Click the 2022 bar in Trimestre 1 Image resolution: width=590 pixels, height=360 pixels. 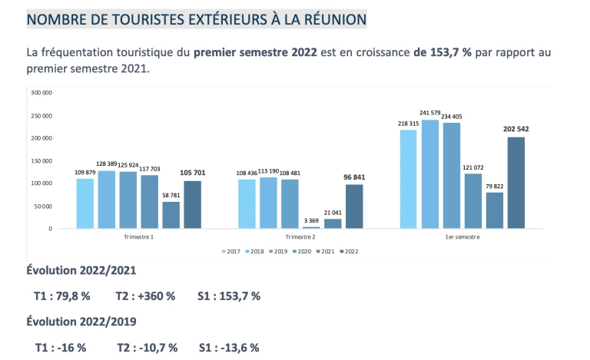click(x=192, y=204)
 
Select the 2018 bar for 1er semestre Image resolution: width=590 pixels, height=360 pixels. click(x=430, y=174)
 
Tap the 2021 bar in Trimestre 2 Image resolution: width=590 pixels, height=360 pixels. click(x=333, y=223)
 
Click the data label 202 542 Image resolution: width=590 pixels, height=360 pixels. click(x=516, y=129)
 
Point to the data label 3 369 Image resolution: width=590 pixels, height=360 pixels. click(x=311, y=221)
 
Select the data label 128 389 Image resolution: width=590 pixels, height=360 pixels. click(x=107, y=163)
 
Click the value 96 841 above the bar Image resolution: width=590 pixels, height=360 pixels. click(x=354, y=177)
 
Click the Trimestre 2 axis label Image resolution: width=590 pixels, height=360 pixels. click(x=300, y=237)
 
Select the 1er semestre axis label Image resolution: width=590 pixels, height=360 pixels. click(x=462, y=237)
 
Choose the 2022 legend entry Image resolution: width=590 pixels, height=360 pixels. click(x=351, y=251)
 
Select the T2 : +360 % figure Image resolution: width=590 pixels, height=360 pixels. click(x=145, y=296)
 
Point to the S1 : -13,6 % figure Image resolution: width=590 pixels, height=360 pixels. click(x=229, y=347)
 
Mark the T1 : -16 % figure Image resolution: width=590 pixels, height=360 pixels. click(x=61, y=347)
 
